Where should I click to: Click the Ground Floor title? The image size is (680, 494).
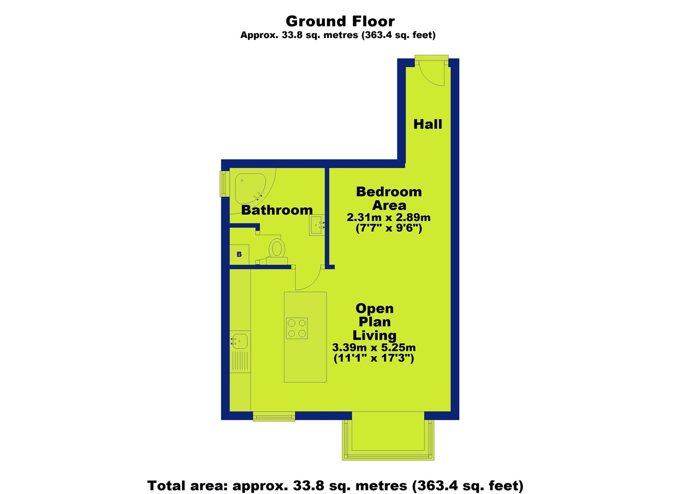(340, 21)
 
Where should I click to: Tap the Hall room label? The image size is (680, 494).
(428, 124)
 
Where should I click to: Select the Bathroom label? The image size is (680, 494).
(277, 210)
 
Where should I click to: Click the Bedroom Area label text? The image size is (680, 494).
(389, 199)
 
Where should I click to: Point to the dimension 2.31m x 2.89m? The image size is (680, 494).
(389, 217)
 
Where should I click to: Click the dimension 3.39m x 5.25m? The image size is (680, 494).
(374, 347)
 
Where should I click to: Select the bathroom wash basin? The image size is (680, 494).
(316, 225)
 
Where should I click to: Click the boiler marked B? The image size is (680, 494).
(239, 254)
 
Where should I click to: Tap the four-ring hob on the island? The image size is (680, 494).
(297, 328)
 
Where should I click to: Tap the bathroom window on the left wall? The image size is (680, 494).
(224, 184)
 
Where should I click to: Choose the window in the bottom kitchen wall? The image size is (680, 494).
(274, 416)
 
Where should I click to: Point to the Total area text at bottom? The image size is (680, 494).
(335, 485)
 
